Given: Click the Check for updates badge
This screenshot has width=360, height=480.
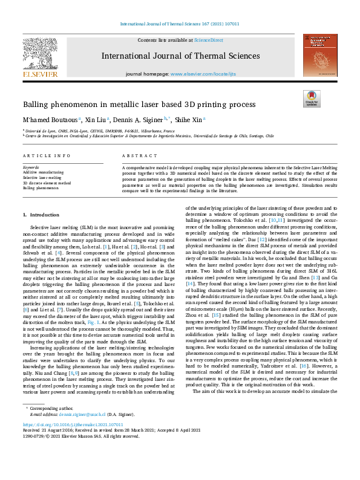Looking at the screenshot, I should [x=311, y=98].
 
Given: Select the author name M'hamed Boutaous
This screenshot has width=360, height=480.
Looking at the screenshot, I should [x=50, y=120].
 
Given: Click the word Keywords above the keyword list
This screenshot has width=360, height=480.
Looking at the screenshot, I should [x=31, y=166].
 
